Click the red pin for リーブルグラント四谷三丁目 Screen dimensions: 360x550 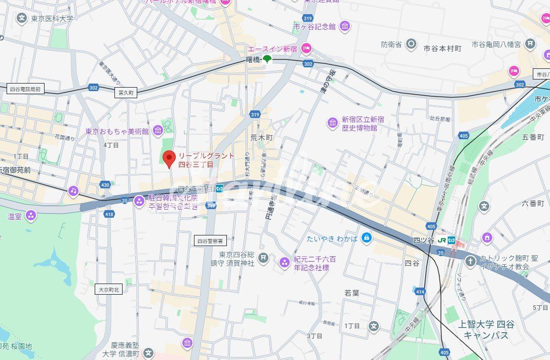click(170, 158)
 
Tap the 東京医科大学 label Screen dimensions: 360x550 click(52, 19)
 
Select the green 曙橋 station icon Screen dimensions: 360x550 click(267, 59)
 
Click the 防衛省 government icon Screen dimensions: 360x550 click(412, 45)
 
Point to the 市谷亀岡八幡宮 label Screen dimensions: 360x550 click(496, 45)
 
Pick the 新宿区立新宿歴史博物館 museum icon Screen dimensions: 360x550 click(333, 123)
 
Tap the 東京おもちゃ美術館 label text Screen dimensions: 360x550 click(117, 132)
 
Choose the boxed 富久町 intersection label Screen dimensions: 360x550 click(125, 93)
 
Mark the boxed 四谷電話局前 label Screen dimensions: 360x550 click(24, 89)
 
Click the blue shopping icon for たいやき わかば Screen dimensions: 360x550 click(367, 237)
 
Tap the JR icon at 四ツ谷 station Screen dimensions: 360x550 click(442, 240)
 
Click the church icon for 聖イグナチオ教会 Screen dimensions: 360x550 click(470, 261)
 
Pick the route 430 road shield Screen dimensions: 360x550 click(105, 185)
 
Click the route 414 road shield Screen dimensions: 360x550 click(420, 292)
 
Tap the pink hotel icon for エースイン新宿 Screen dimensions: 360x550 click(306, 49)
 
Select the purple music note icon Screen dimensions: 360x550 click(73, 190)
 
